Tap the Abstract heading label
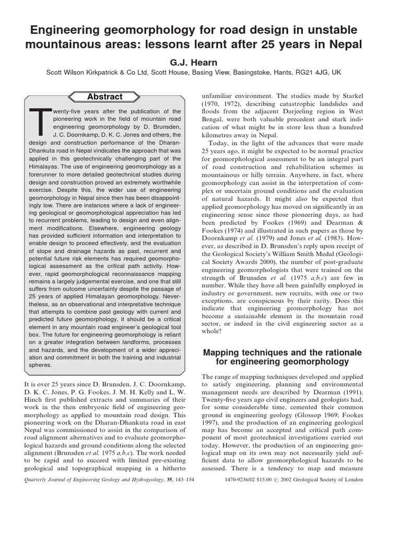coord(104,97)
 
